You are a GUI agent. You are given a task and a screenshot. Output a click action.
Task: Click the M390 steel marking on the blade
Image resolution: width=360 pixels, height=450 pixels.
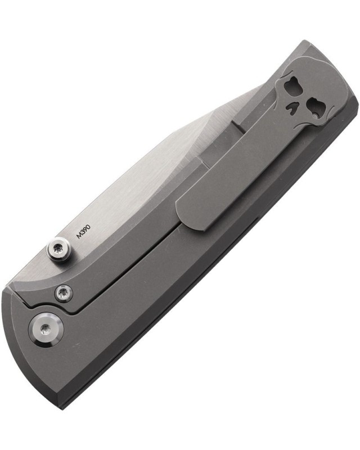tap(84, 232)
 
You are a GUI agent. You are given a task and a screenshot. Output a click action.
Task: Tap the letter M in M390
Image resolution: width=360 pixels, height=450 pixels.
tap(79, 236)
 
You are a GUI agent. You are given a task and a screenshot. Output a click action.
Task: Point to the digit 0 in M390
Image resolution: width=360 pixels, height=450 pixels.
tap(88, 227)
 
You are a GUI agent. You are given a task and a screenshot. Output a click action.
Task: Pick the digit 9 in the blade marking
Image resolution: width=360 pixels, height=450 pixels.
tap(85, 229)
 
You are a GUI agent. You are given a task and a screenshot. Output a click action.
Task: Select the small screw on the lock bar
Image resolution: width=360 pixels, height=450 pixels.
tap(64, 293)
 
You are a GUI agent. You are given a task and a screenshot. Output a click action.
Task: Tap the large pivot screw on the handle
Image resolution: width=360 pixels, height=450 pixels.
tap(46, 330)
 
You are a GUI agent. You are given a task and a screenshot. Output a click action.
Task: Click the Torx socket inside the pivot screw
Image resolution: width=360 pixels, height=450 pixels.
tap(46, 330)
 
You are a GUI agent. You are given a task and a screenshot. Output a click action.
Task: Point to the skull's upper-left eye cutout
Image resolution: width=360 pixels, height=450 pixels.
tap(290, 85)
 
